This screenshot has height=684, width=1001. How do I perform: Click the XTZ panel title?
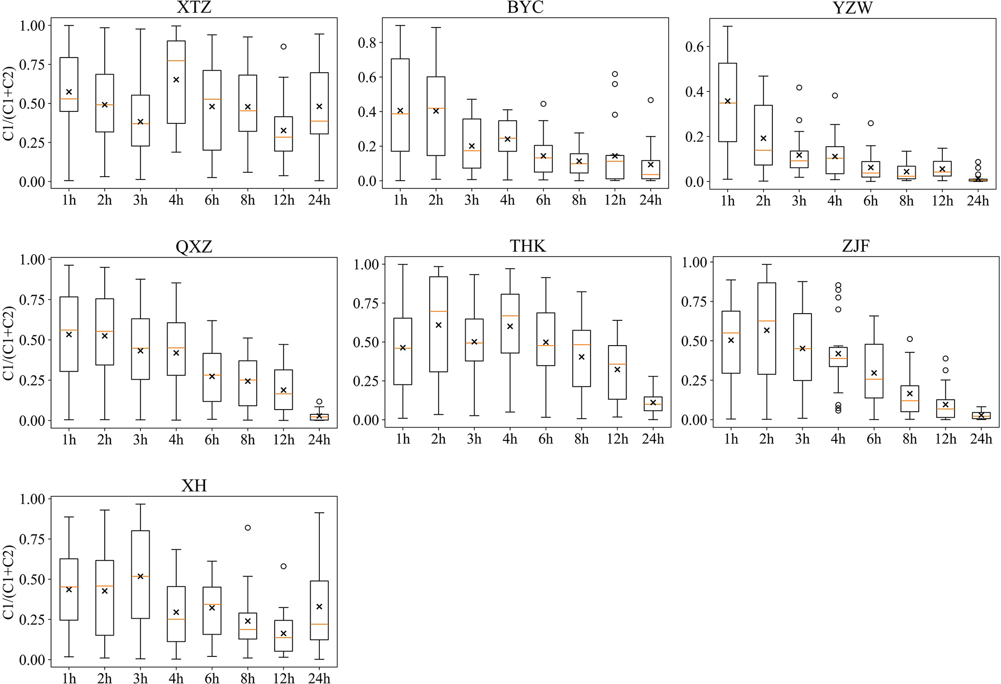[x=194, y=7]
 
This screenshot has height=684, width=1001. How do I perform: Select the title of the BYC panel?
[x=525, y=7]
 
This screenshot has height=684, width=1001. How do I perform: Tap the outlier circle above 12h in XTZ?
[x=283, y=47]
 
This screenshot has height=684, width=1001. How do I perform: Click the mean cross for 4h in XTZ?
[x=176, y=79]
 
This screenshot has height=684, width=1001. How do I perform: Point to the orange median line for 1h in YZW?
[x=727, y=103]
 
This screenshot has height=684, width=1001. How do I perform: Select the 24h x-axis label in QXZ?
[x=319, y=440]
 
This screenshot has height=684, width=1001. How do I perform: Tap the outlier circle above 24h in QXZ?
[x=319, y=402]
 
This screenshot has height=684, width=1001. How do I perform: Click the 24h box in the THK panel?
[x=653, y=404]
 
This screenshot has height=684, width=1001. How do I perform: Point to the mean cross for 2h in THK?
[x=438, y=325]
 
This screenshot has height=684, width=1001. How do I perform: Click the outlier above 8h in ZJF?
[x=909, y=339]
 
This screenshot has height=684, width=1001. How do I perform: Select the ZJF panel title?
[x=856, y=246]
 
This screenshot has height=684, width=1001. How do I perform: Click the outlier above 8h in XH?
[x=248, y=528]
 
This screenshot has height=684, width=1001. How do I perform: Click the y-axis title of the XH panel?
[x=9, y=582]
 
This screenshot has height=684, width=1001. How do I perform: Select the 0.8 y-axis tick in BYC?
[x=366, y=43]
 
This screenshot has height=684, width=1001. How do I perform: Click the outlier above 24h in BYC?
[x=651, y=100]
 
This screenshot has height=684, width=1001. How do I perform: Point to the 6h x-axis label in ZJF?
[x=874, y=439]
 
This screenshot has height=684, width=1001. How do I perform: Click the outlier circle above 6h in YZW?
[x=871, y=123]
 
